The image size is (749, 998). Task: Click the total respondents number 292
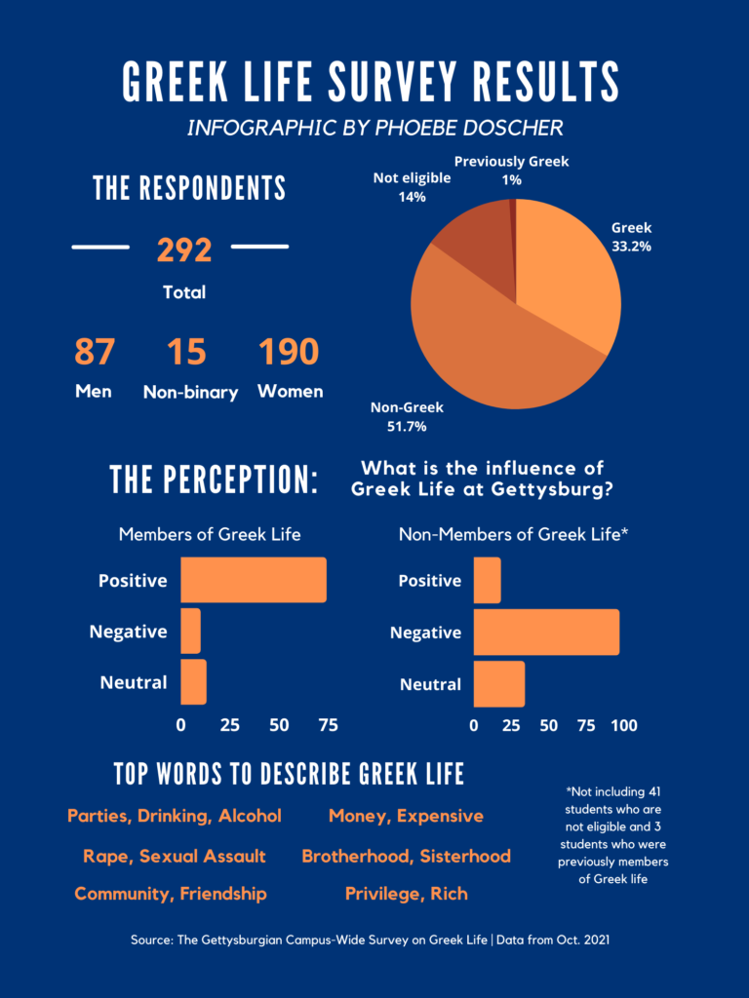pyautogui.click(x=184, y=249)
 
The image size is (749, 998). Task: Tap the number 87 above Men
pyautogui.click(x=94, y=352)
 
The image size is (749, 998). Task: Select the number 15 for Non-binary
pyautogui.click(x=186, y=352)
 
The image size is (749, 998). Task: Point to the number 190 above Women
pyautogui.click(x=289, y=352)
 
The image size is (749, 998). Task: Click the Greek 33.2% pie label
pyautogui.click(x=631, y=237)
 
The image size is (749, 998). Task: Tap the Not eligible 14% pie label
pyautogui.click(x=413, y=187)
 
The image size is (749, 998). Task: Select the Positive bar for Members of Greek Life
pyautogui.click(x=254, y=580)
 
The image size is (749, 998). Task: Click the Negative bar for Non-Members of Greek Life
pyautogui.click(x=546, y=632)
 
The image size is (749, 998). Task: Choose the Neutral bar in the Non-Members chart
pyautogui.click(x=499, y=683)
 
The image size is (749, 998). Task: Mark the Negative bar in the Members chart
pyautogui.click(x=190, y=632)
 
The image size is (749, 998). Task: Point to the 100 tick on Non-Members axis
pyautogui.click(x=623, y=725)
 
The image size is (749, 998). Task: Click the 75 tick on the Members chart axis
pyautogui.click(x=328, y=725)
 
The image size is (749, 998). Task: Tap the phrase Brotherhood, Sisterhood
pyautogui.click(x=406, y=856)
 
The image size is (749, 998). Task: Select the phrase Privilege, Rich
pyautogui.click(x=406, y=893)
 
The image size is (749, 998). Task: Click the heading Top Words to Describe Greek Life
pyautogui.click(x=289, y=775)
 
